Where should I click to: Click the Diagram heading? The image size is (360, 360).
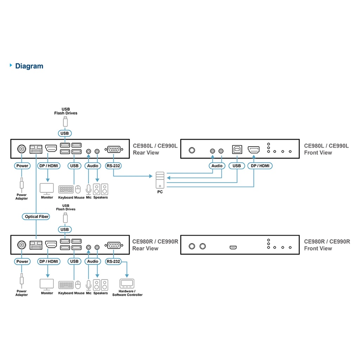point(29,66)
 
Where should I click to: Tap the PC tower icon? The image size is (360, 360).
point(160,179)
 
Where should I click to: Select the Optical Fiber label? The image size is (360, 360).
point(37,217)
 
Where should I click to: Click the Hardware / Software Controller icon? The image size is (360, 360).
point(127,283)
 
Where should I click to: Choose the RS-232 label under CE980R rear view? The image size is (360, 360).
point(113,262)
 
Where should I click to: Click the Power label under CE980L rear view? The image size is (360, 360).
point(22,166)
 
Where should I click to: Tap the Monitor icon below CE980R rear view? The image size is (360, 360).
point(47,284)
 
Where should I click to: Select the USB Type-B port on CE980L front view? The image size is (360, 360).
point(237,149)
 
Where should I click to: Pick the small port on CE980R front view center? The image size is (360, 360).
point(233,247)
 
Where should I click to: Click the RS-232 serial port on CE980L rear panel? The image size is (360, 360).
point(113,149)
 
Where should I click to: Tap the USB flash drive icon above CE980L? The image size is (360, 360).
point(65,122)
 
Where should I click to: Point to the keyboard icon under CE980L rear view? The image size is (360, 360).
point(66,189)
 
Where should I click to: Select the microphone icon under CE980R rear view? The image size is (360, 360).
point(88,284)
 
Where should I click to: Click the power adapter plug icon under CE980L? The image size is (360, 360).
point(22,184)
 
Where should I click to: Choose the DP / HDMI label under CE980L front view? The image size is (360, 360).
point(260,166)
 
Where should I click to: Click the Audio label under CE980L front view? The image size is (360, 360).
point(217,166)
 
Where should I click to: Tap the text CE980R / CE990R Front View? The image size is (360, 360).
point(327,245)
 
